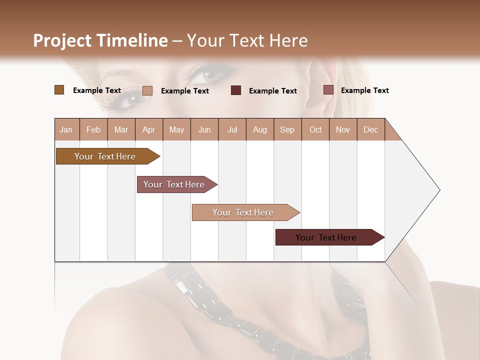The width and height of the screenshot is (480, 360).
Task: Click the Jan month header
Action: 66,130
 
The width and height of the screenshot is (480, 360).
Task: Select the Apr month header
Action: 149,130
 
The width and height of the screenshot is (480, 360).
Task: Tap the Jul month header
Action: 232,130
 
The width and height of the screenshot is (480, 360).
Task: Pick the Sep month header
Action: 287,130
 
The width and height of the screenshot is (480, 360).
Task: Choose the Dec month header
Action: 370,130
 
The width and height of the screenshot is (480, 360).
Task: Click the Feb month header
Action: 93,130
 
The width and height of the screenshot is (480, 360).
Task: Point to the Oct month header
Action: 315,130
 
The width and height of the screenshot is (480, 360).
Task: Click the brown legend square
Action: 59,90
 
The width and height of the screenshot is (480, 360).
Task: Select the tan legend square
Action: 147,90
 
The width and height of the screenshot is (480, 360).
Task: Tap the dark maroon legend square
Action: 236,90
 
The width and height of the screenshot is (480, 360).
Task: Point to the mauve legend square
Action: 328,90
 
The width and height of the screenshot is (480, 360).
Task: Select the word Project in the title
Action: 62,40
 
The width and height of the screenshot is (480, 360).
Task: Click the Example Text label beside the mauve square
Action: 365,90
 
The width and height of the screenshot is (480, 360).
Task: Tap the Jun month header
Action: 204,130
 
